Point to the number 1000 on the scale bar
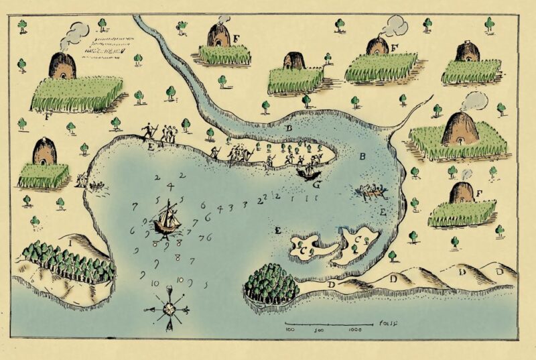point(356,330)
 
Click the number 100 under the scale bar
point(291,330)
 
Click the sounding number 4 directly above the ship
point(170,186)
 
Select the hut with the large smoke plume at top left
point(62,65)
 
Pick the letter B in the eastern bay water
point(362,158)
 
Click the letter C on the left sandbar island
point(303,250)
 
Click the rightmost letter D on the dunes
point(499,271)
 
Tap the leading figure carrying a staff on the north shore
point(147,131)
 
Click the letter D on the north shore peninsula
point(289,127)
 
